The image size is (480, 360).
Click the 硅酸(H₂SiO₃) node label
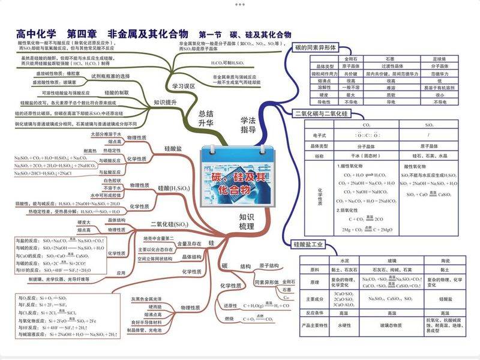coord(174,188)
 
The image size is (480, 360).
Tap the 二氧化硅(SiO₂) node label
coord(170,224)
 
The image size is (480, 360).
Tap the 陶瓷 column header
coord(445,262)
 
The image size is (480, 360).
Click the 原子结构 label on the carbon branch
coord(269,265)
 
